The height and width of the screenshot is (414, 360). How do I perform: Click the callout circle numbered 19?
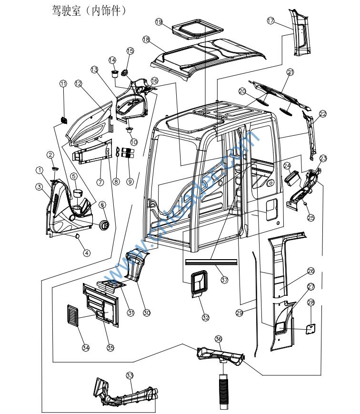[159, 22]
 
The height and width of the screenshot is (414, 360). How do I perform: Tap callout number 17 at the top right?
[284, 21]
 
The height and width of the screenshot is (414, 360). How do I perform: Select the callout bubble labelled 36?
[219, 339]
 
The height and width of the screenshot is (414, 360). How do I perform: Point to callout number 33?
[130, 376]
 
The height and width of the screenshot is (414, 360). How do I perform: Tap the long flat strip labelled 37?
[210, 262]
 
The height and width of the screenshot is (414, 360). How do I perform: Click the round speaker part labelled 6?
[105, 224]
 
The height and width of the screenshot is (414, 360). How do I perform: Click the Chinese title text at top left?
[88, 10]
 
